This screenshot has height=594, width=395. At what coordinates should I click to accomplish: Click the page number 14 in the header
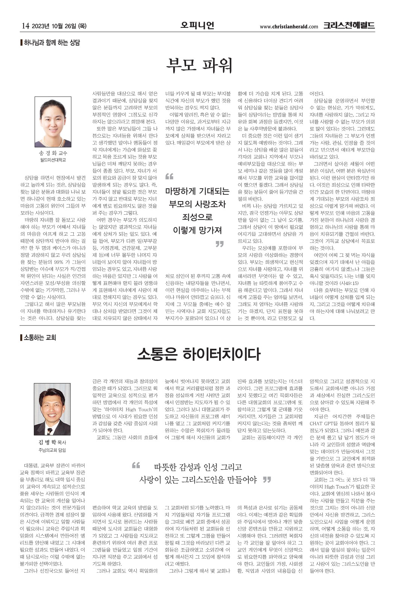click(x=26, y=26)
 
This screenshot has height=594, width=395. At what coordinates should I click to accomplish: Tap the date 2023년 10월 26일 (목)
click(x=59, y=26)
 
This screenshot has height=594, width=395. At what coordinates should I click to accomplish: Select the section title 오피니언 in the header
click(x=197, y=26)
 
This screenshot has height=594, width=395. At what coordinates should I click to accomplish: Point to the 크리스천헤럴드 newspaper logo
click(x=349, y=26)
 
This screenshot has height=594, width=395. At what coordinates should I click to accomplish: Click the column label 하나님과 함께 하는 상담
click(x=51, y=42)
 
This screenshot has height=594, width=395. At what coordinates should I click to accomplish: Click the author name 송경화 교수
click(x=53, y=153)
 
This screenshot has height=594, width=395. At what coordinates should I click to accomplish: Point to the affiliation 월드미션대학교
click(x=53, y=160)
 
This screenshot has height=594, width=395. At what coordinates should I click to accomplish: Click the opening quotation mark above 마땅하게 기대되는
click(x=169, y=177)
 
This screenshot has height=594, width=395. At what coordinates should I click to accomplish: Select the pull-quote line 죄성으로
click(x=197, y=217)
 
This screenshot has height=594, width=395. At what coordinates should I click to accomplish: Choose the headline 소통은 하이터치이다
click(x=199, y=354)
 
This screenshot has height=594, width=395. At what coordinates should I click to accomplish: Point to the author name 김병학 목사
click(x=52, y=442)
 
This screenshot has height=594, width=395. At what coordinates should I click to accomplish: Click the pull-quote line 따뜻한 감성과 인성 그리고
click(x=198, y=467)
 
